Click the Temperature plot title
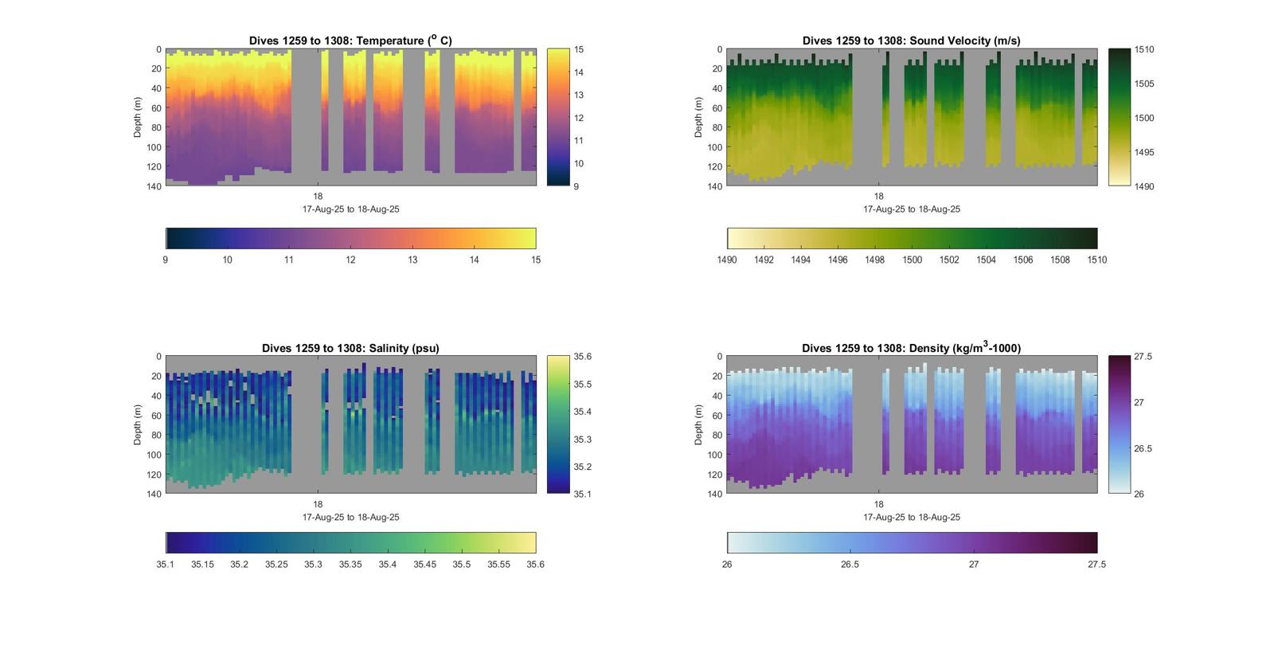click(x=350, y=41)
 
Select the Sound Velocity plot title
click(x=911, y=41)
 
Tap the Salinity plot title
click(x=350, y=348)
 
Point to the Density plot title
click(x=911, y=348)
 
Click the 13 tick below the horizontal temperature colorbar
click(x=412, y=260)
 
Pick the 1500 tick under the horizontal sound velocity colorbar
click(x=912, y=260)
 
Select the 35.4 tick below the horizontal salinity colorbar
click(x=387, y=565)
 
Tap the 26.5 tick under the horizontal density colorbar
click(x=850, y=565)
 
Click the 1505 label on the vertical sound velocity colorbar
click(x=1144, y=84)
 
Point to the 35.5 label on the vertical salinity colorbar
click(x=582, y=385)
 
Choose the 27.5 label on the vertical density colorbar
click(x=1143, y=357)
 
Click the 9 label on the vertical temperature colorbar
click(x=576, y=186)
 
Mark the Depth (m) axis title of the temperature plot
click(x=138, y=117)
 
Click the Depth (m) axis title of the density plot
click(x=698, y=424)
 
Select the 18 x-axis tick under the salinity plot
click(x=318, y=504)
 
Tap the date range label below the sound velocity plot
click(x=912, y=209)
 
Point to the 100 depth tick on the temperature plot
click(x=154, y=147)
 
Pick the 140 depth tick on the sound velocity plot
click(x=714, y=186)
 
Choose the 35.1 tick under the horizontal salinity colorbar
click(x=165, y=565)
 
